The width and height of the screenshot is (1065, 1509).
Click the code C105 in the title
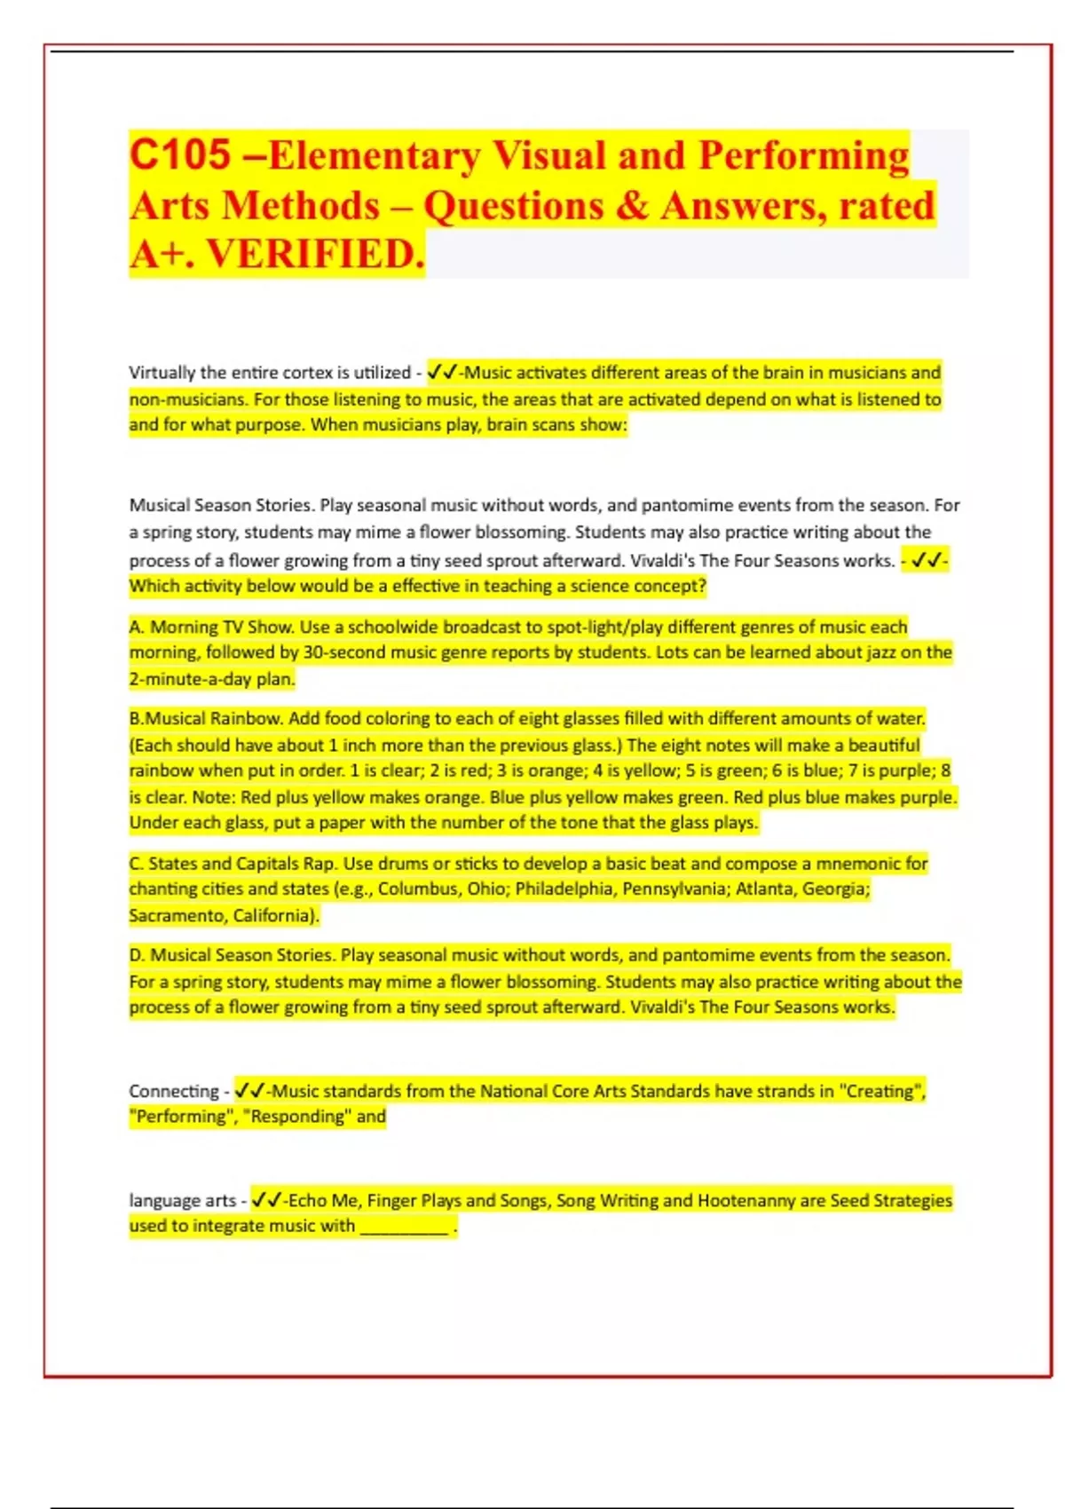pos(180,155)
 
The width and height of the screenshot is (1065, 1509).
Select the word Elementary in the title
pos(374,155)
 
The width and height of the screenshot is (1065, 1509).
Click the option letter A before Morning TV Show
pos(136,627)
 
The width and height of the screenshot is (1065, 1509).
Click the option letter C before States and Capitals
pos(136,863)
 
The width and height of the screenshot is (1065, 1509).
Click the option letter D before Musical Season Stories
pos(137,955)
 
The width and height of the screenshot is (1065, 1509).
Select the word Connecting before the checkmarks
pos(173,1091)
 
